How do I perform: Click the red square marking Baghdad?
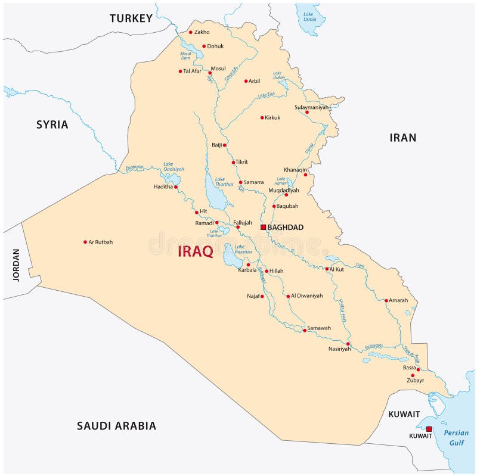263,227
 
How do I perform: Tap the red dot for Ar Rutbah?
85,242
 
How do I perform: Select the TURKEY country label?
131,18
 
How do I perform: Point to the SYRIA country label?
52,125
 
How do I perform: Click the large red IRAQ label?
196,251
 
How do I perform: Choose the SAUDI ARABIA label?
116,425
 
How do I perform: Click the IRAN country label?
403,138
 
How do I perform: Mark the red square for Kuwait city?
428,429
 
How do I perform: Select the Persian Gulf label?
452,438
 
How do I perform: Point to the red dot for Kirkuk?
262,117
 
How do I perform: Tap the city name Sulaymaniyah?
311,107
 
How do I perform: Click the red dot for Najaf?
262,296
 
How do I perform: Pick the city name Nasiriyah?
339,349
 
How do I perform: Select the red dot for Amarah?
386,300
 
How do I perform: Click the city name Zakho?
202,32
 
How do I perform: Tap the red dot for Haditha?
176,186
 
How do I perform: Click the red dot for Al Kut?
327,269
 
